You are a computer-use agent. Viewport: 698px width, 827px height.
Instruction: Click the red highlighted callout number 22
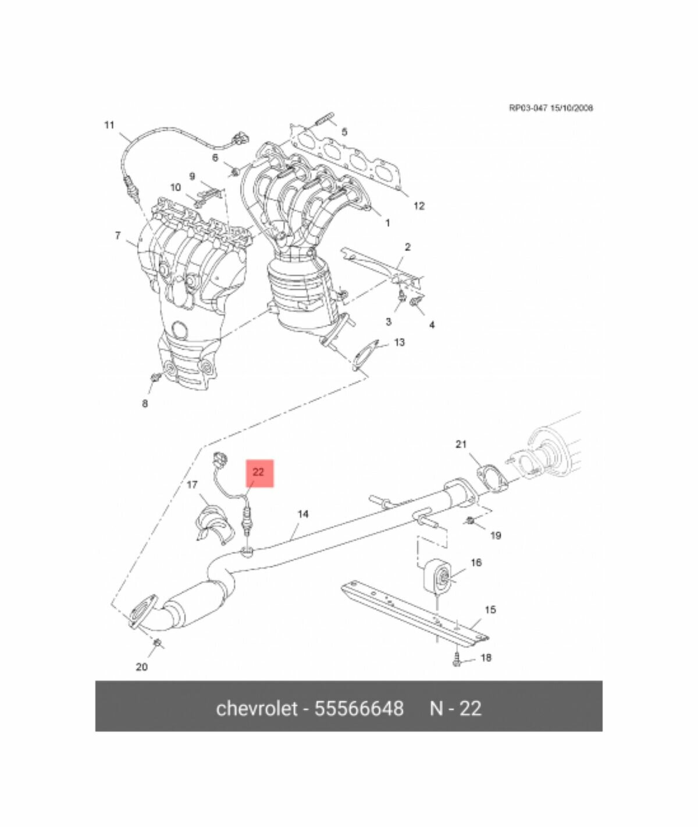258,472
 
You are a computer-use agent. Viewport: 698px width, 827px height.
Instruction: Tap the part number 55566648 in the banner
359,708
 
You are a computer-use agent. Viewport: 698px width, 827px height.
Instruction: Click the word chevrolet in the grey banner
256,708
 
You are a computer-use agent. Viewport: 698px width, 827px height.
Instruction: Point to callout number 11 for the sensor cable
109,125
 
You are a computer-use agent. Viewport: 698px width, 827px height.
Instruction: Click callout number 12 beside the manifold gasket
419,205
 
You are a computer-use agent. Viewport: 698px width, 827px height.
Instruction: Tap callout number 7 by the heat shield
117,236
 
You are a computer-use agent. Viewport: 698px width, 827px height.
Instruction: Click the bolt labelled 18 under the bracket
457,661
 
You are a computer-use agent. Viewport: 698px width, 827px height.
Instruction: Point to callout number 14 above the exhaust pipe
302,514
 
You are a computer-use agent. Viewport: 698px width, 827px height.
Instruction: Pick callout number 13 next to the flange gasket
399,342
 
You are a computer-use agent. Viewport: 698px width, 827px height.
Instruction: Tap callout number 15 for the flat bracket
490,610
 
